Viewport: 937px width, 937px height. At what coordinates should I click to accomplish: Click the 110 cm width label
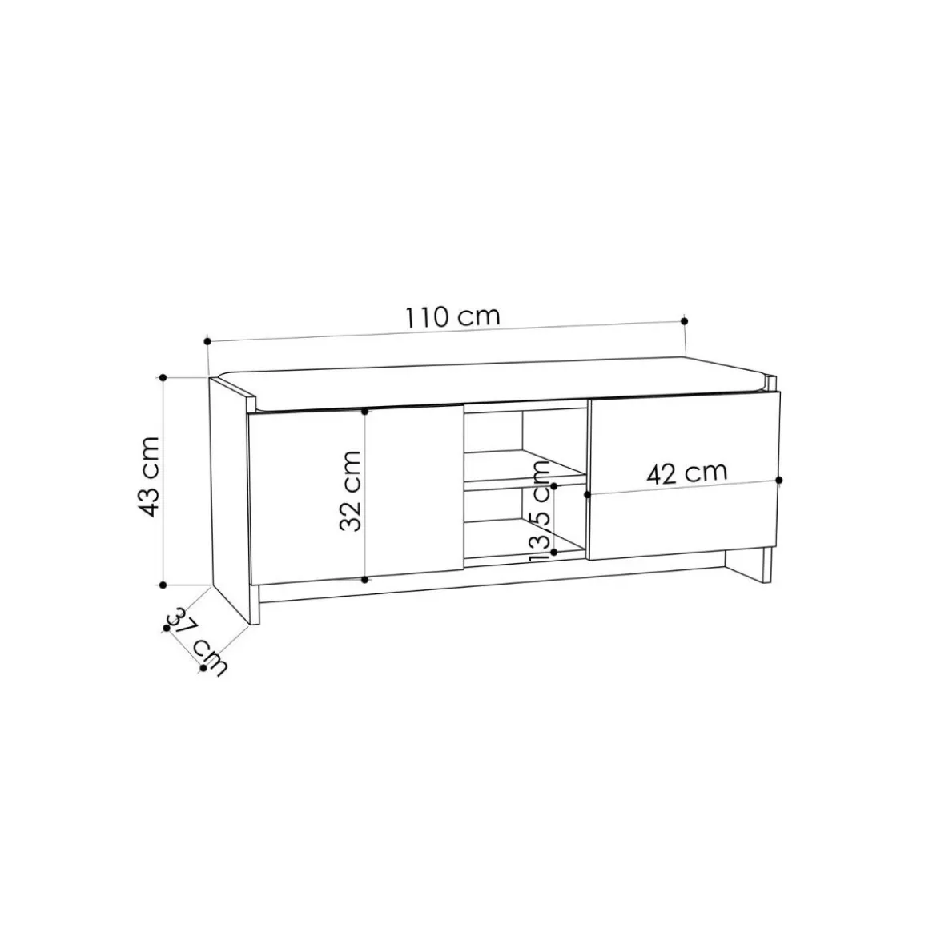click(452, 316)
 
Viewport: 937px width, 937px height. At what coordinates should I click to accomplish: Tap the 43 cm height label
click(148, 477)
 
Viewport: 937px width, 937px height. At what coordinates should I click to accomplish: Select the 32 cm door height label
click(350, 491)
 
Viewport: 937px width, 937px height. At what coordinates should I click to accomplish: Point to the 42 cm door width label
click(686, 473)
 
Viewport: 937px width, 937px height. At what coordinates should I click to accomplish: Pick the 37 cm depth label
click(197, 641)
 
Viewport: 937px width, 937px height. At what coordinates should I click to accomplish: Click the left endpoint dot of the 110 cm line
click(207, 341)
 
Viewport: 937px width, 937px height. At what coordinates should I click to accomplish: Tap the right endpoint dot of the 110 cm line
click(684, 321)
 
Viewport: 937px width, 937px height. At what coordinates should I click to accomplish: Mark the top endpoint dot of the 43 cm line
click(163, 378)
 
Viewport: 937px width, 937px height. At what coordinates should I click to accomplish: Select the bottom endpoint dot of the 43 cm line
click(163, 585)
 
